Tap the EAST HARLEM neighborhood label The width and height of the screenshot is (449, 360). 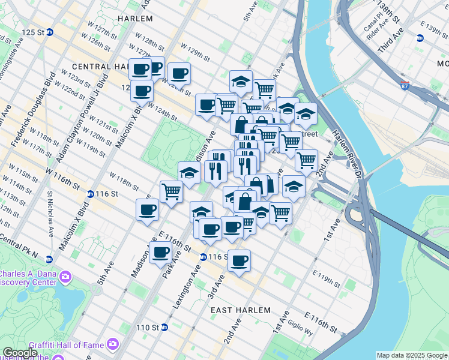click(x=241, y=310)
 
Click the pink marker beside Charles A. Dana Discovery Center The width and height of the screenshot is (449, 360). click(x=65, y=277)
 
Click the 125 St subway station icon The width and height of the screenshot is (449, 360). click(x=50, y=32)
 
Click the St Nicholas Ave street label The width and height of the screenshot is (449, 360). click(x=50, y=214)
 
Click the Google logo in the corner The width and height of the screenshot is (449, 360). click(x=20, y=353)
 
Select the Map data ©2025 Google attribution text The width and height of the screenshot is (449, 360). click(x=411, y=355)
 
